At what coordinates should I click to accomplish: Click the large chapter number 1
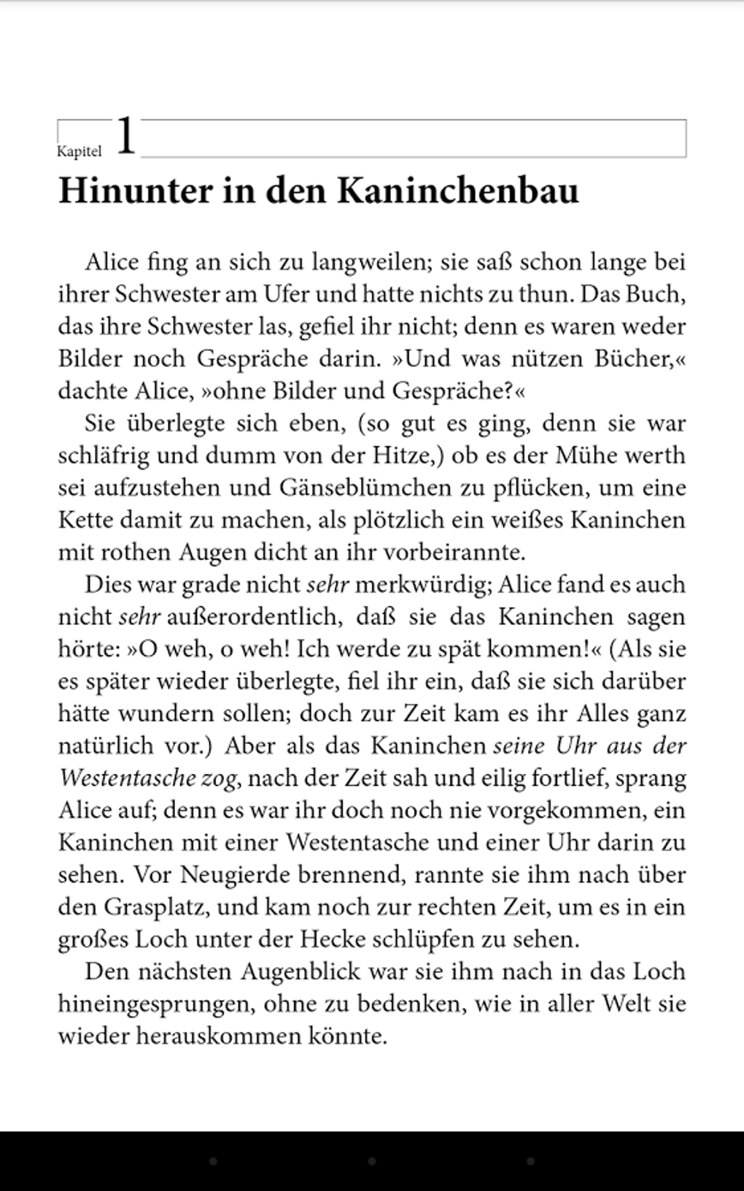126,136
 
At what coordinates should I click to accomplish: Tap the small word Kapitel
80,152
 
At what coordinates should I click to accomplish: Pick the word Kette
85,520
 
